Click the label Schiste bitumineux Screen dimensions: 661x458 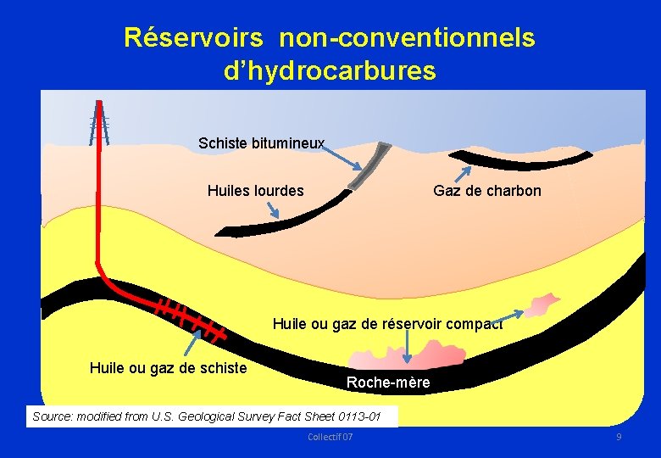[x=261, y=143]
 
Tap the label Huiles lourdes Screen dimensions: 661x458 [x=255, y=191]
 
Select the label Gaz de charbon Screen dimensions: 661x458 [x=486, y=191]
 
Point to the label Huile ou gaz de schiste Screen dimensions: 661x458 [x=168, y=367]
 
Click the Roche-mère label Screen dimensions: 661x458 [x=388, y=383]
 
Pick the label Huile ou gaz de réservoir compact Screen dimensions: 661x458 [x=387, y=323]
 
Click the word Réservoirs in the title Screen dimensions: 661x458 [x=196, y=38]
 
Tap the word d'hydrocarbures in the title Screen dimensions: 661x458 [x=330, y=71]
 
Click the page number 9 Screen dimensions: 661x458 [x=619, y=436]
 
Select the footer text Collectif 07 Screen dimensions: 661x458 [x=330, y=436]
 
